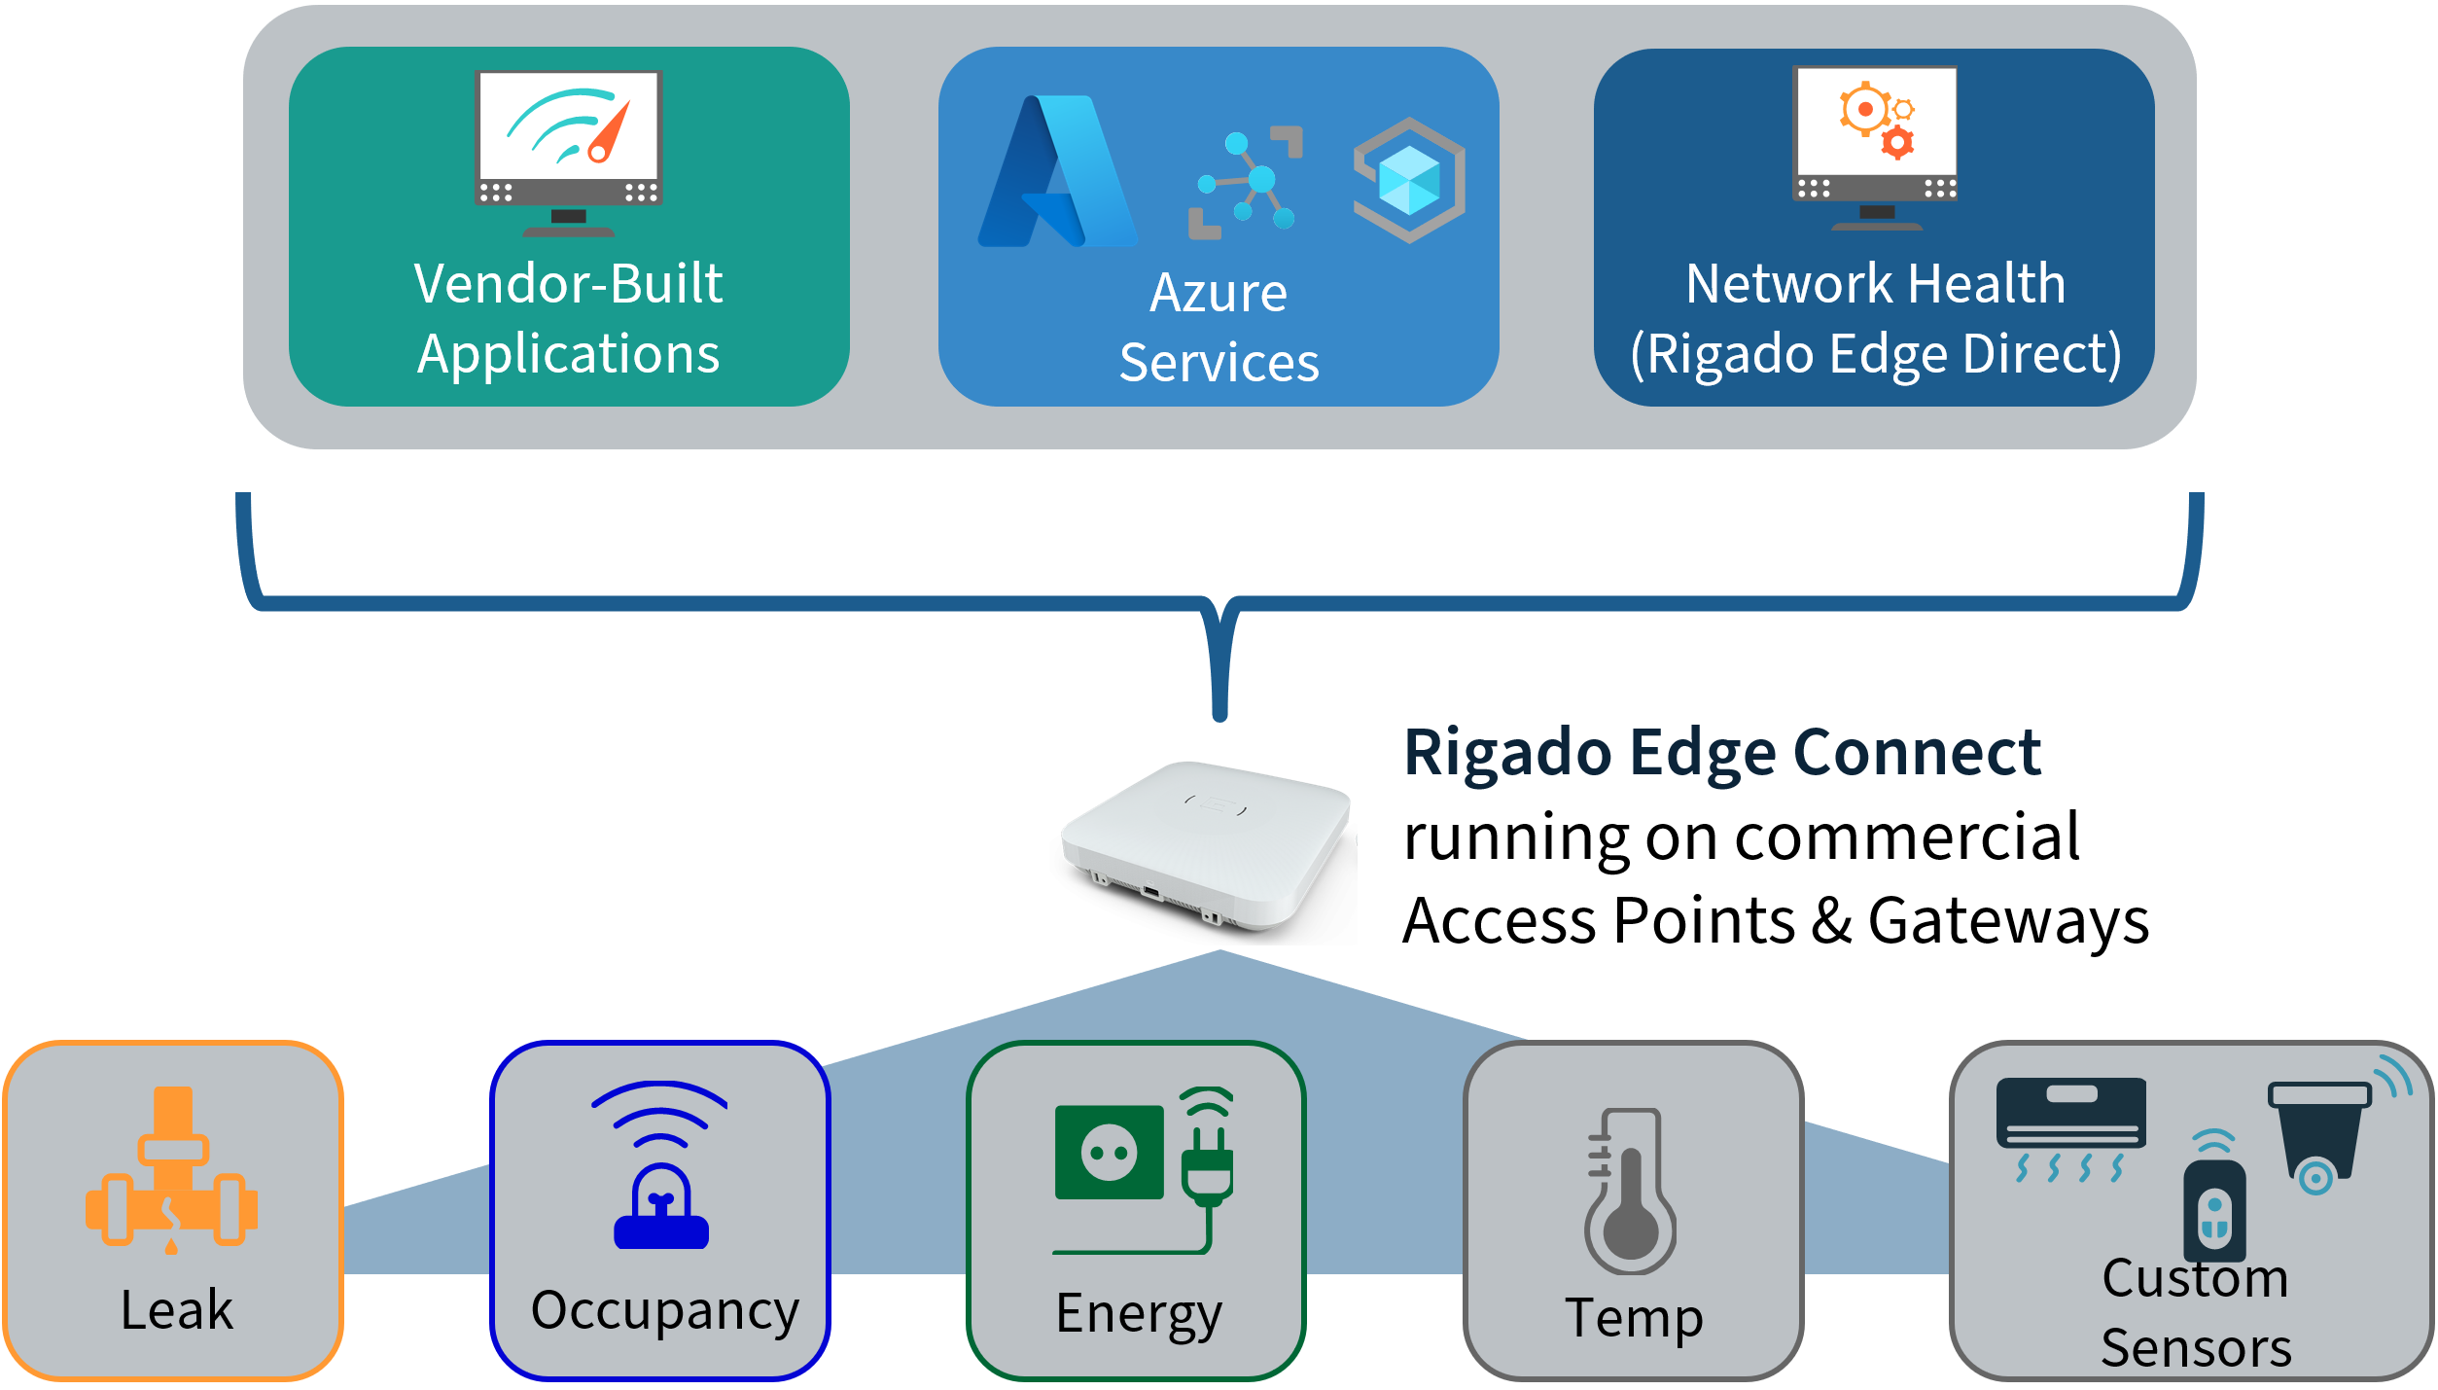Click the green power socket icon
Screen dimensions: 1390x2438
pos(1110,1152)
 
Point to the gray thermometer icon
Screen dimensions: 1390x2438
pos(1631,1191)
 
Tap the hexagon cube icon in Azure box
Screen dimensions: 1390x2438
pos(1409,180)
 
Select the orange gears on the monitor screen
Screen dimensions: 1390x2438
pos(1876,120)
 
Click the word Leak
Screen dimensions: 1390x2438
pos(177,1309)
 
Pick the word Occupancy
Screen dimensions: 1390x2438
pos(665,1309)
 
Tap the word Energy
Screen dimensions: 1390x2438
pos(1139,1313)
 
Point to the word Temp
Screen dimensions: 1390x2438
pos(1634,1317)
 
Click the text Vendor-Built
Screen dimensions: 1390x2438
pos(568,284)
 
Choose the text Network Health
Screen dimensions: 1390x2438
pos(1875,284)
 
